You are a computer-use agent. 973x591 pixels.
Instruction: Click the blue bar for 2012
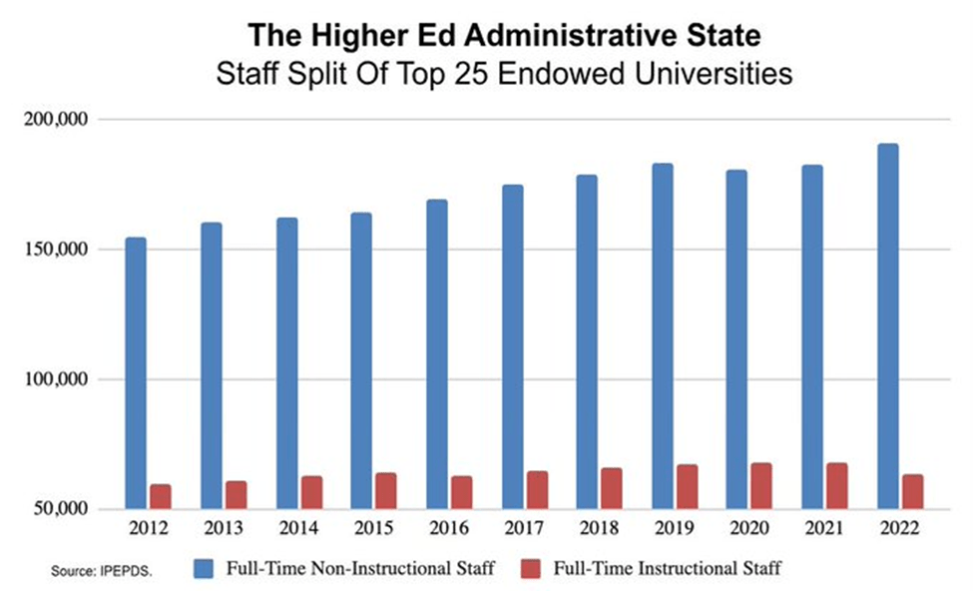point(136,373)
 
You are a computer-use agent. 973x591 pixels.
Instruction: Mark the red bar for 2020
point(761,486)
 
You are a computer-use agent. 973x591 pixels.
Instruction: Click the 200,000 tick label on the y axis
point(56,120)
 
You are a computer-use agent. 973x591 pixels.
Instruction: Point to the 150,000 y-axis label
point(56,250)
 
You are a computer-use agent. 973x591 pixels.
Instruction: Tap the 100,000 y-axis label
point(56,380)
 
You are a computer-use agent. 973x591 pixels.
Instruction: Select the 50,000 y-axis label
point(61,510)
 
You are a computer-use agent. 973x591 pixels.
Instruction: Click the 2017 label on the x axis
point(523,526)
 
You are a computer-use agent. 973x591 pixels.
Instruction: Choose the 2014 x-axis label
point(297,526)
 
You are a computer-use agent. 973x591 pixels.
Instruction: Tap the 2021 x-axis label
point(823,526)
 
